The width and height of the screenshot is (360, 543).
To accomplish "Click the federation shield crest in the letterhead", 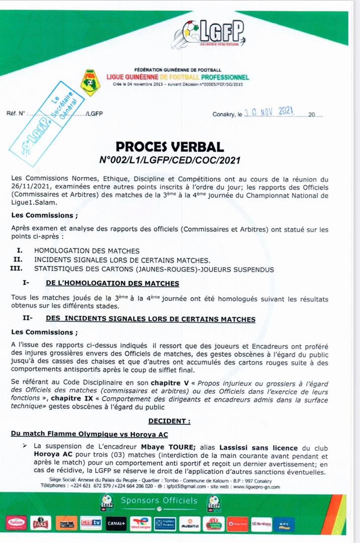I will pos(90,82).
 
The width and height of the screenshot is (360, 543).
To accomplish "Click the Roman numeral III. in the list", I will pos(18,269).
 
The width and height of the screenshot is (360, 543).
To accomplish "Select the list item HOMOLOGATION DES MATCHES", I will pos(86,250).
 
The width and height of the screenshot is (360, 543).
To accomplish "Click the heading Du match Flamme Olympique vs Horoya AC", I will pos(89,434).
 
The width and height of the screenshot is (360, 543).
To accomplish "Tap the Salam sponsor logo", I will pos(16,523).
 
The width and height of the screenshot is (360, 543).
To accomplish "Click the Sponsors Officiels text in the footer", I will pos(158,500).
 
